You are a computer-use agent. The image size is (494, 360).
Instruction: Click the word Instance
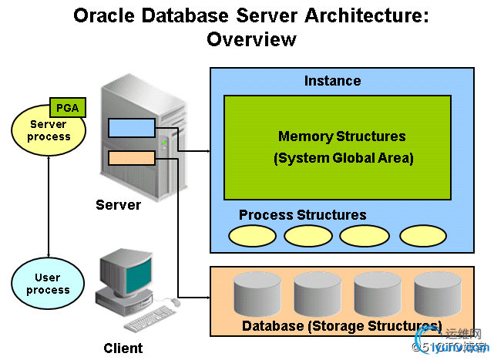[332, 81]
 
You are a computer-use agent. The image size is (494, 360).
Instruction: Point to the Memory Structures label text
[341, 136]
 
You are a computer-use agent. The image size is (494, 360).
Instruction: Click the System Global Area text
[343, 159]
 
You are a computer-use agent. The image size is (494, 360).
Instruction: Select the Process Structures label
[302, 214]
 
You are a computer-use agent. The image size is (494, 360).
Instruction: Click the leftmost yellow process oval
[252, 235]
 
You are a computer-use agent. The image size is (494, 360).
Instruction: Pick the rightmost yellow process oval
[422, 235]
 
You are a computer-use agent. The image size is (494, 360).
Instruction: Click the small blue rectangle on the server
[132, 127]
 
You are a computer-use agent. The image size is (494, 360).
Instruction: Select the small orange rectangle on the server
[132, 158]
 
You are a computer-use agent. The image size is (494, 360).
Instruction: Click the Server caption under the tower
[118, 204]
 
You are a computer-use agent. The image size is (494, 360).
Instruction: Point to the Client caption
[123, 348]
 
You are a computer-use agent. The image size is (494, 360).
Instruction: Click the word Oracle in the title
[103, 15]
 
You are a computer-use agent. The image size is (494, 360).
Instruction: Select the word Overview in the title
[251, 39]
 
